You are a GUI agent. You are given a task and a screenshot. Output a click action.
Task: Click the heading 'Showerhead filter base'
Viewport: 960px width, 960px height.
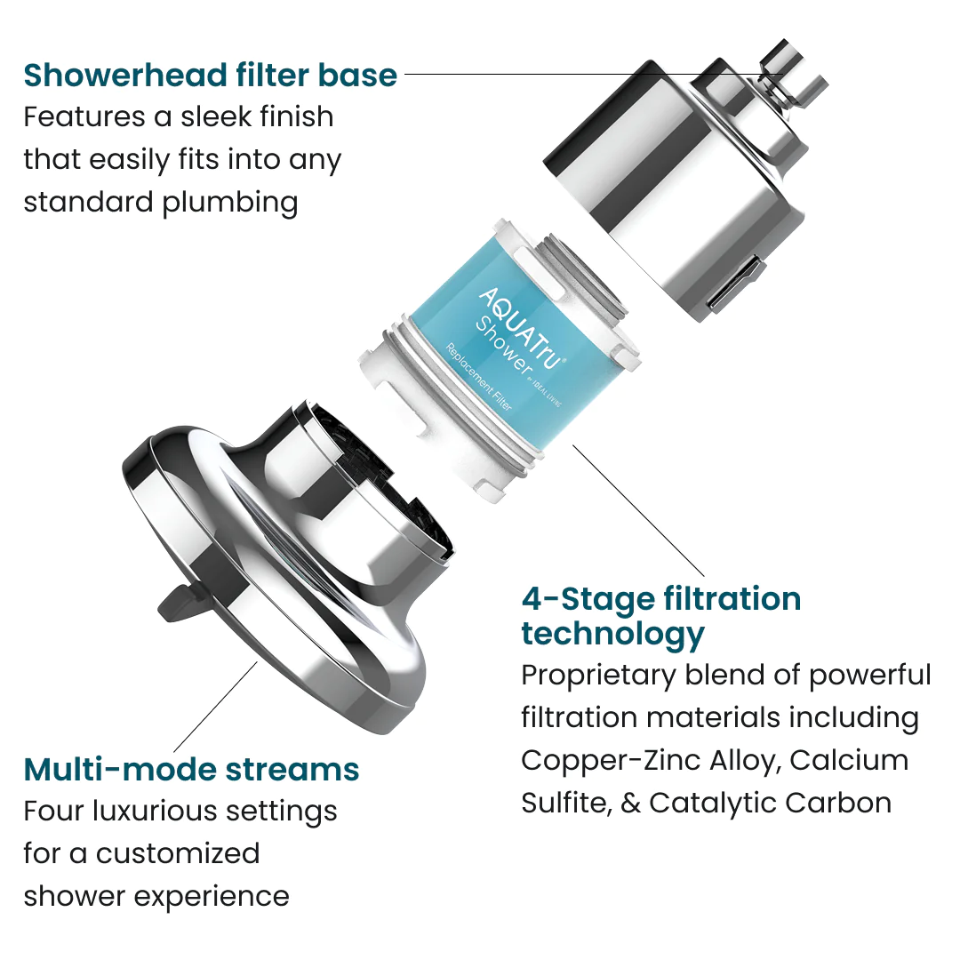point(211,76)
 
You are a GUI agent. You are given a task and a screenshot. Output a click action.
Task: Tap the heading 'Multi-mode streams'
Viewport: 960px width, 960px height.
point(192,770)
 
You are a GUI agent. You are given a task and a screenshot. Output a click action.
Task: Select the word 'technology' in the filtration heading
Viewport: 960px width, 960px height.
point(612,635)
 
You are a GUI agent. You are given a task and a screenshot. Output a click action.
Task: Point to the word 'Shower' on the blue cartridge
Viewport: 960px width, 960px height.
point(504,346)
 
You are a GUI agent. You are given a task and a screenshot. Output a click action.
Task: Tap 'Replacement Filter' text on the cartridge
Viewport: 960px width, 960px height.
point(479,378)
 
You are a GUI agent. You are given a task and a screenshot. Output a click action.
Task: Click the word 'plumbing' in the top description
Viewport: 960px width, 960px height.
point(230,204)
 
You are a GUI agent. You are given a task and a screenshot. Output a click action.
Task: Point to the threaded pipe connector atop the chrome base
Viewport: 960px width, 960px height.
point(794,76)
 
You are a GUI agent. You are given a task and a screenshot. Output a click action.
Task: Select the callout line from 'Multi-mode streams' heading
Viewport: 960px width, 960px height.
point(215,708)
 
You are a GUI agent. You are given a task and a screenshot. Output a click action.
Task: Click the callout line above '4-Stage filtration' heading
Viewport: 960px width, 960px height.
point(638,510)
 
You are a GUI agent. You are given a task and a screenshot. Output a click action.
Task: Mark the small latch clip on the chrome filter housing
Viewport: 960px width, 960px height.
point(737,283)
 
